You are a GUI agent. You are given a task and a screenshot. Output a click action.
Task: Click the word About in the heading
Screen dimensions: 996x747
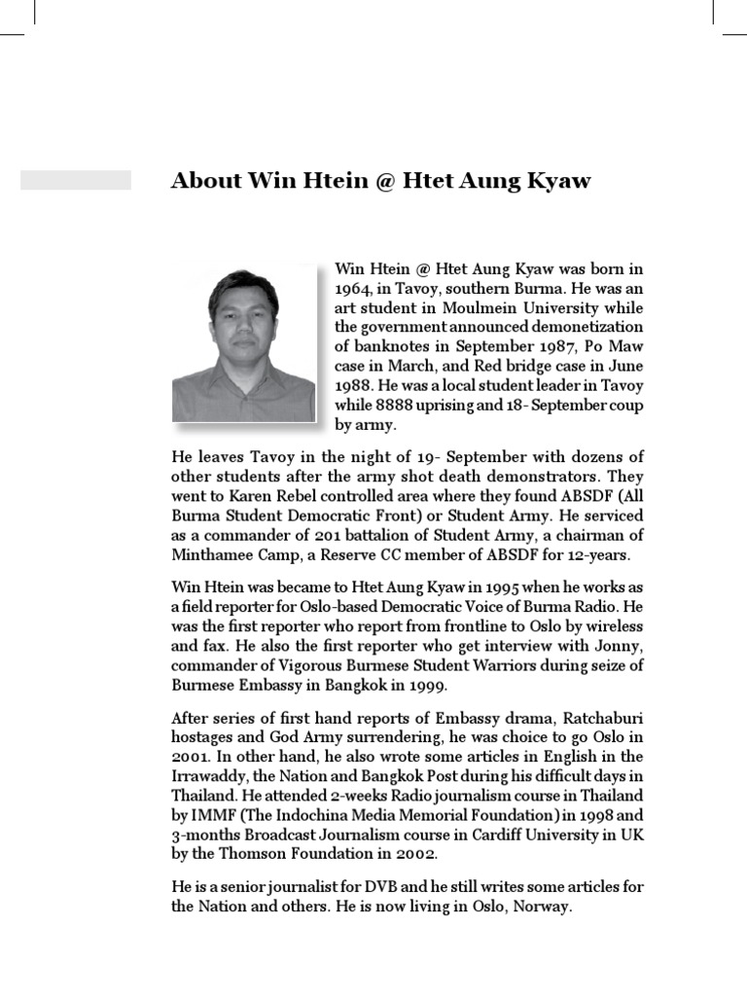[x=205, y=181]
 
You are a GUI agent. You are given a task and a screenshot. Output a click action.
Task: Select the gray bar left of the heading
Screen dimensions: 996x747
[x=76, y=180]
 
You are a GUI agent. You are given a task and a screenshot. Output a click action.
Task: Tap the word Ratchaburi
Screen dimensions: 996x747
[x=599, y=718]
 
